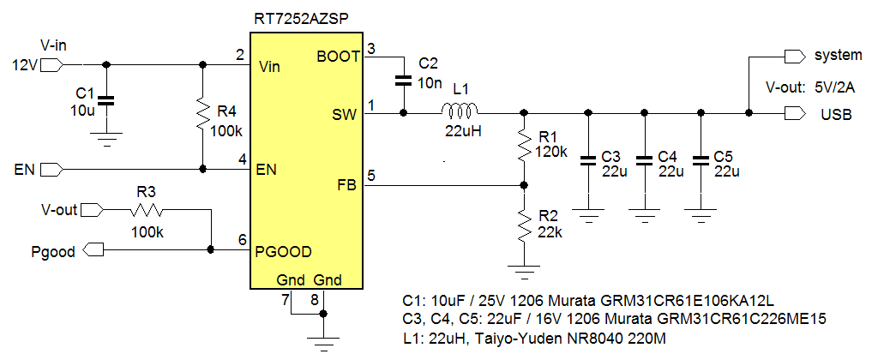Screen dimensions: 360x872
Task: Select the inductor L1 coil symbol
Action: coord(460,111)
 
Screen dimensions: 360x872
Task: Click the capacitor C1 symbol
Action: coord(105,99)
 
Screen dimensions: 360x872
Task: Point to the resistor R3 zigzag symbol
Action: coord(147,209)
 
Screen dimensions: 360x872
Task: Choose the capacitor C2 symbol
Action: coord(403,81)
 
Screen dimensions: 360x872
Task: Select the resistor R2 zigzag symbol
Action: coord(523,227)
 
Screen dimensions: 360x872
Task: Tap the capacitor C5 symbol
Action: coord(701,159)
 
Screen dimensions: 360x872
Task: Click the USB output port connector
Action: coord(794,113)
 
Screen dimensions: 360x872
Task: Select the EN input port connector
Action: coord(51,168)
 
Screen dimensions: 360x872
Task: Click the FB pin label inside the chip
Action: coord(346,183)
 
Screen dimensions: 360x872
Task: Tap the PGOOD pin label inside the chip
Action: coord(283,251)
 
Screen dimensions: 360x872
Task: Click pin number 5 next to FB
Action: coord(370,175)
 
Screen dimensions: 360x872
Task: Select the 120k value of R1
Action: coord(551,152)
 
